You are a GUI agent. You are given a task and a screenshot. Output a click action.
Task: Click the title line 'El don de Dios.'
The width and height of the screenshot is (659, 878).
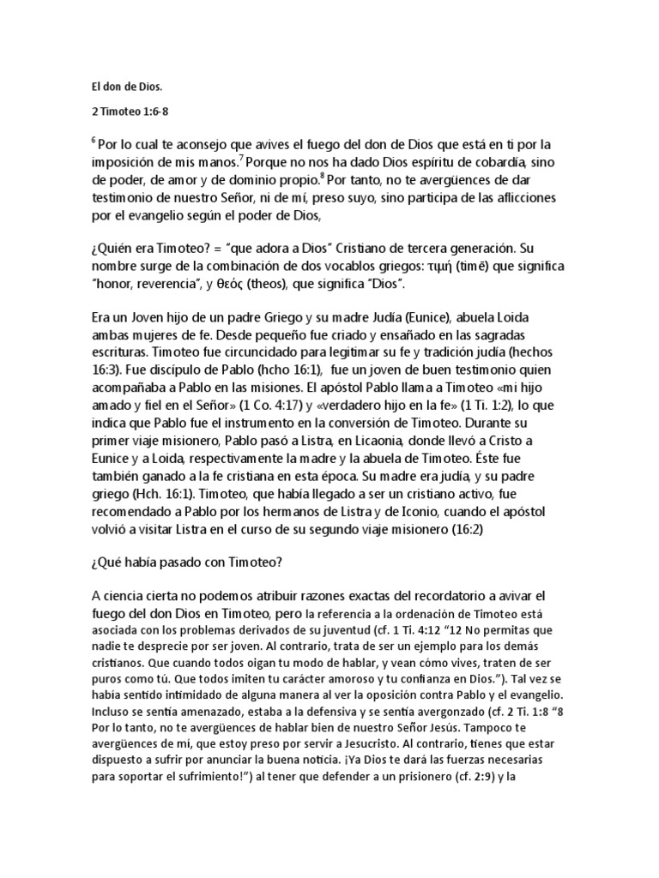click(124, 86)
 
